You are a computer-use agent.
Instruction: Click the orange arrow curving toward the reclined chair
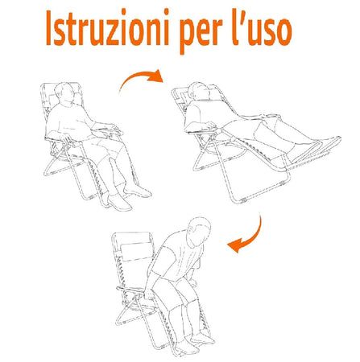[138, 80]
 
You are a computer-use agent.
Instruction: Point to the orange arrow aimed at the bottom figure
[246, 233]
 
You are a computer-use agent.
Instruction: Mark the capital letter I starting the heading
[50, 31]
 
